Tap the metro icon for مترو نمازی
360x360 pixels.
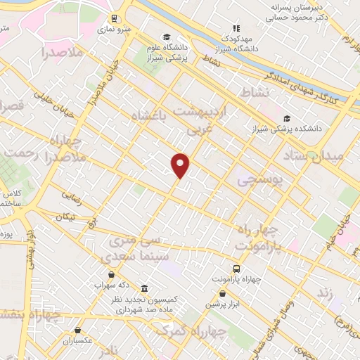pos(115,20)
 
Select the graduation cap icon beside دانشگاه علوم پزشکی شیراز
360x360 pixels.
pos(167,37)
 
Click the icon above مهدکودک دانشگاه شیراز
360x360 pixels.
pos(236,28)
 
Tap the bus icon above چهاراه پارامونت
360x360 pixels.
pos(236,269)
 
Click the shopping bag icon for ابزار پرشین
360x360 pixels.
pos(223,293)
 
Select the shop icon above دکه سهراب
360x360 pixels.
pos(112,274)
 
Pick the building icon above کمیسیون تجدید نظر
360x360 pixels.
pos(144,288)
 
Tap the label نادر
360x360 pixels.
pos(109,349)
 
